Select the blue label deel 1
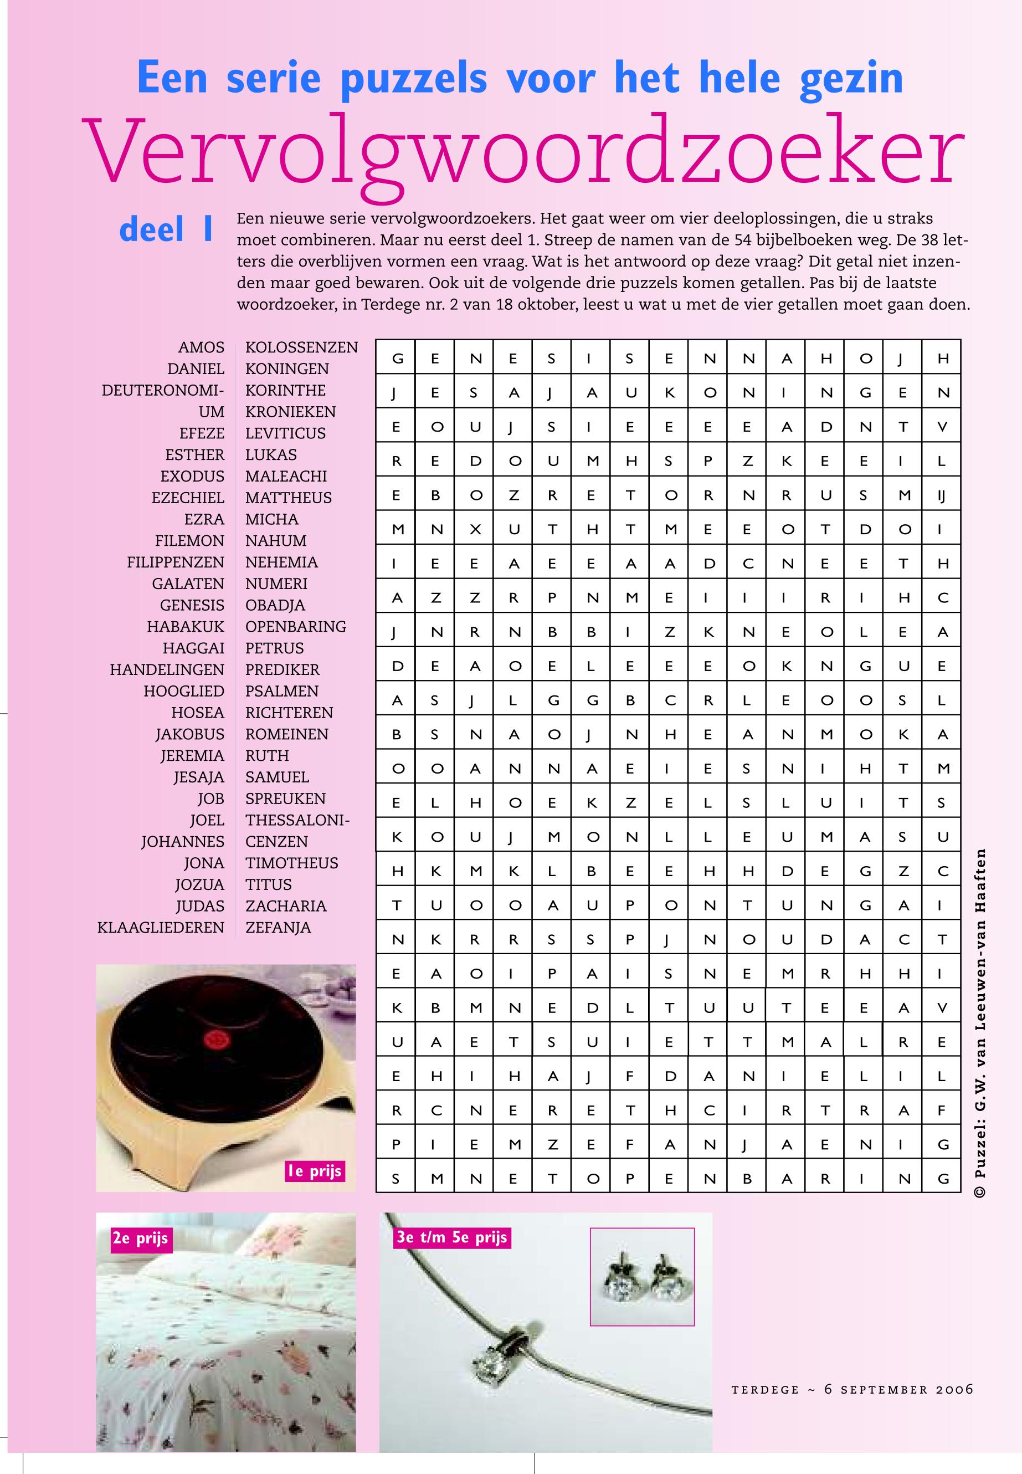pyautogui.click(x=167, y=230)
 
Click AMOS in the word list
pyautogui.click(x=201, y=348)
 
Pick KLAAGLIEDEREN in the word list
pyautogui.click(x=161, y=928)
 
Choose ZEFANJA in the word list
pyautogui.click(x=278, y=928)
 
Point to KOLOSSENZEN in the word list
pyautogui.click(x=301, y=348)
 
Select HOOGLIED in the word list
pyautogui.click(x=184, y=691)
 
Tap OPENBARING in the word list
pyautogui.click(x=296, y=627)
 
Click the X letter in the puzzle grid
pyautogui.click(x=475, y=530)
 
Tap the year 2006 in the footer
pyautogui.click(x=954, y=1389)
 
